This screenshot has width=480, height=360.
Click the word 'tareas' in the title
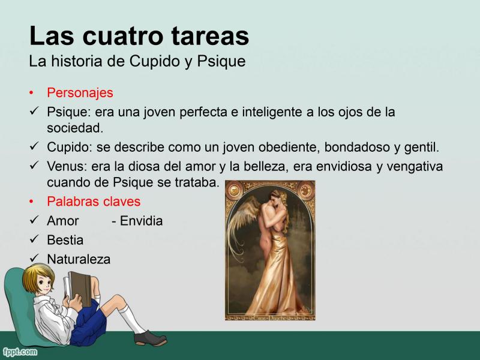tap(210, 36)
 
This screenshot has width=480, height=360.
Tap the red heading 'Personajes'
tap(80, 93)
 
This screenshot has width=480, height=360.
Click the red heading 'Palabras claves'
tap(94, 202)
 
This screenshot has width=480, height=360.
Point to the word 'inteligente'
tap(272, 112)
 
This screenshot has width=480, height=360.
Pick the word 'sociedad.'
tap(75, 128)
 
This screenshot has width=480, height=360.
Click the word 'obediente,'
tap(290, 147)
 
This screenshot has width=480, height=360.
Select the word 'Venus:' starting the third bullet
tap(67, 167)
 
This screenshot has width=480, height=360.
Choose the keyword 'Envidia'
tap(141, 221)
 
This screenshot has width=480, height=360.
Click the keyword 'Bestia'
tap(65, 240)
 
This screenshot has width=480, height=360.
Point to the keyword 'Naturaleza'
tap(79, 259)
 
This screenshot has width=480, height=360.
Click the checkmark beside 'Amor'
tap(34, 219)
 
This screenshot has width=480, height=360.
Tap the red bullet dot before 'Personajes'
tap(31, 93)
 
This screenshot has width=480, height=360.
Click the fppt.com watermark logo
tap(20, 352)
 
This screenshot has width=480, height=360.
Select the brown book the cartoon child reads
tap(80, 289)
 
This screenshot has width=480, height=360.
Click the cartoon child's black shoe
tap(150, 338)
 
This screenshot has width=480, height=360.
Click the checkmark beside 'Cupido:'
tap(34, 146)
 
